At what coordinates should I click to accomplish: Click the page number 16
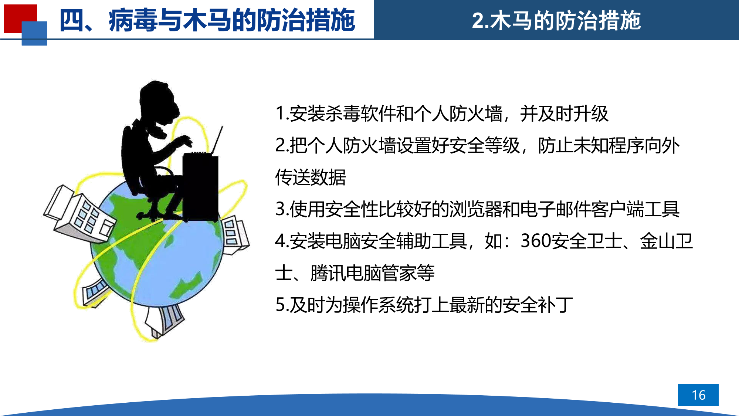[x=698, y=395]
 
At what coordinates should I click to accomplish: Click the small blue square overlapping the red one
[x=34, y=33]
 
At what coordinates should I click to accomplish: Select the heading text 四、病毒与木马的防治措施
[x=207, y=20]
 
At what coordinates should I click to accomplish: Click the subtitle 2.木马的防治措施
[x=556, y=20]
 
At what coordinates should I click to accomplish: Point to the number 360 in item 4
[x=536, y=241]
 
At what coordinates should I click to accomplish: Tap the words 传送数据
[x=311, y=177]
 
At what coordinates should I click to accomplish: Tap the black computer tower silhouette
[x=201, y=187]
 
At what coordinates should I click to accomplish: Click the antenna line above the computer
[x=217, y=140]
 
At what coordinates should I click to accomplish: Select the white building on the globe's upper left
[x=80, y=214]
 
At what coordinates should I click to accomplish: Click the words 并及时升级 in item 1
[x=564, y=113]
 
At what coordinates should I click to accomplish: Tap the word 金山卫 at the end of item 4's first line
[x=666, y=241]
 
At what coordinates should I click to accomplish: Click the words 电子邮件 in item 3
[x=556, y=209]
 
